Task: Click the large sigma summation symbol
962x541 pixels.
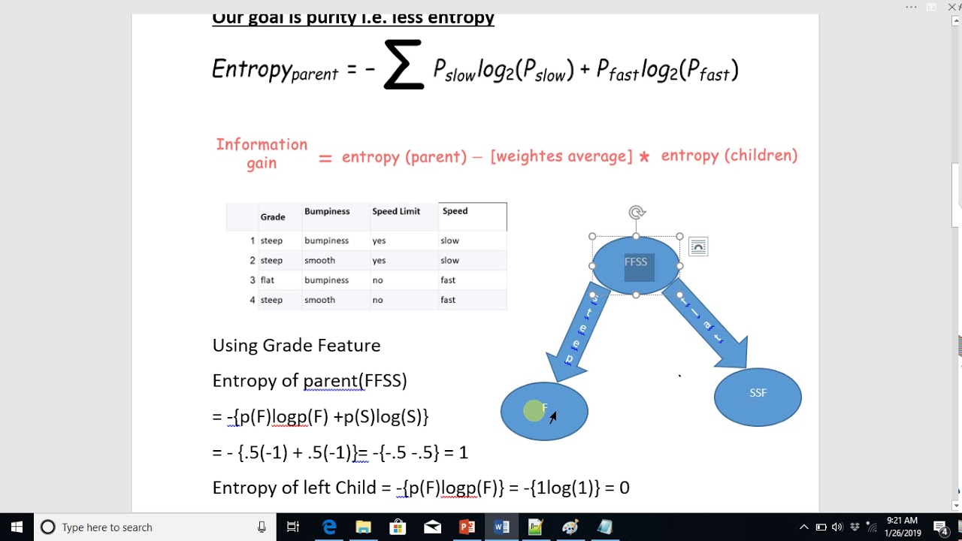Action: (404, 65)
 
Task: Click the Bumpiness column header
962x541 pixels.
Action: (327, 212)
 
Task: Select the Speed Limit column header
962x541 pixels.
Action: (396, 212)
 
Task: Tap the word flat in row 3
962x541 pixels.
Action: (268, 280)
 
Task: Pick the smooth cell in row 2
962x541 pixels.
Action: (319, 261)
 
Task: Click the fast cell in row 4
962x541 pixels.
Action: (448, 300)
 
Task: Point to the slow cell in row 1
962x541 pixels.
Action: (449, 241)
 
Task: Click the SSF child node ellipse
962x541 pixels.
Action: (758, 397)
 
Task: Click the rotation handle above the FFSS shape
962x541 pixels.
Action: (637, 213)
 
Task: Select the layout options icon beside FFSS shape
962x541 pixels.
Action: (698, 247)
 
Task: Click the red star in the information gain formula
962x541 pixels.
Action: (644, 157)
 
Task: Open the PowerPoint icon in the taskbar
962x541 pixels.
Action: (467, 527)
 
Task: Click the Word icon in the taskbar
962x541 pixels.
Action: (501, 527)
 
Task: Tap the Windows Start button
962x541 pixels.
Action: (17, 527)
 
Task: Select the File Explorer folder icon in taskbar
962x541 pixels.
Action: (363, 527)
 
